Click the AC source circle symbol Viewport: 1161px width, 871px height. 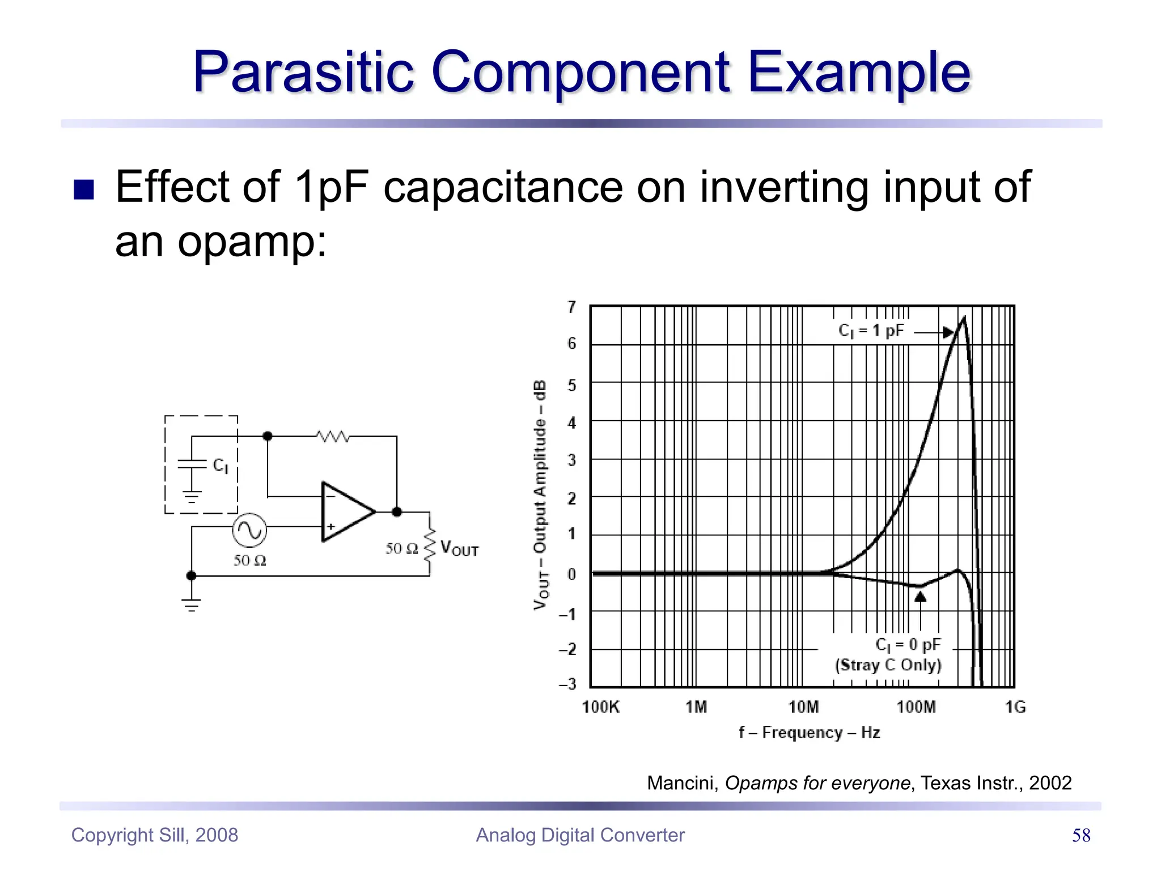pyautogui.click(x=249, y=530)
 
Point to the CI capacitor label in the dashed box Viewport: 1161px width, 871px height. pyautogui.click(x=221, y=466)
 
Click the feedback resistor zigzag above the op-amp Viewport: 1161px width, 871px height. pyautogui.click(x=333, y=436)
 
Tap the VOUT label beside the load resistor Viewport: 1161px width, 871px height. pyautogui.click(x=459, y=549)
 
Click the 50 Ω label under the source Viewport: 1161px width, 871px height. pyautogui.click(x=249, y=561)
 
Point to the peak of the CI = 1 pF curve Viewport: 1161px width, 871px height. pyautogui.click(x=963, y=319)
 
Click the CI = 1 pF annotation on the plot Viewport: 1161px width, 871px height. pyautogui.click(x=871, y=331)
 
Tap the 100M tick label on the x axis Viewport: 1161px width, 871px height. pyautogui.click(x=916, y=707)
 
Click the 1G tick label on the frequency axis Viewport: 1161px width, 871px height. pyautogui.click(x=1015, y=707)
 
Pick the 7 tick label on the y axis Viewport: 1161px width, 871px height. pyautogui.click(x=571, y=307)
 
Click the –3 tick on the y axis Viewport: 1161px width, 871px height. pyautogui.click(x=567, y=684)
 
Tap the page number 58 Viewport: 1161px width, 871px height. pyautogui.click(x=1081, y=835)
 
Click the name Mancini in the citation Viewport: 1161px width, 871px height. pyautogui.click(x=683, y=783)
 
